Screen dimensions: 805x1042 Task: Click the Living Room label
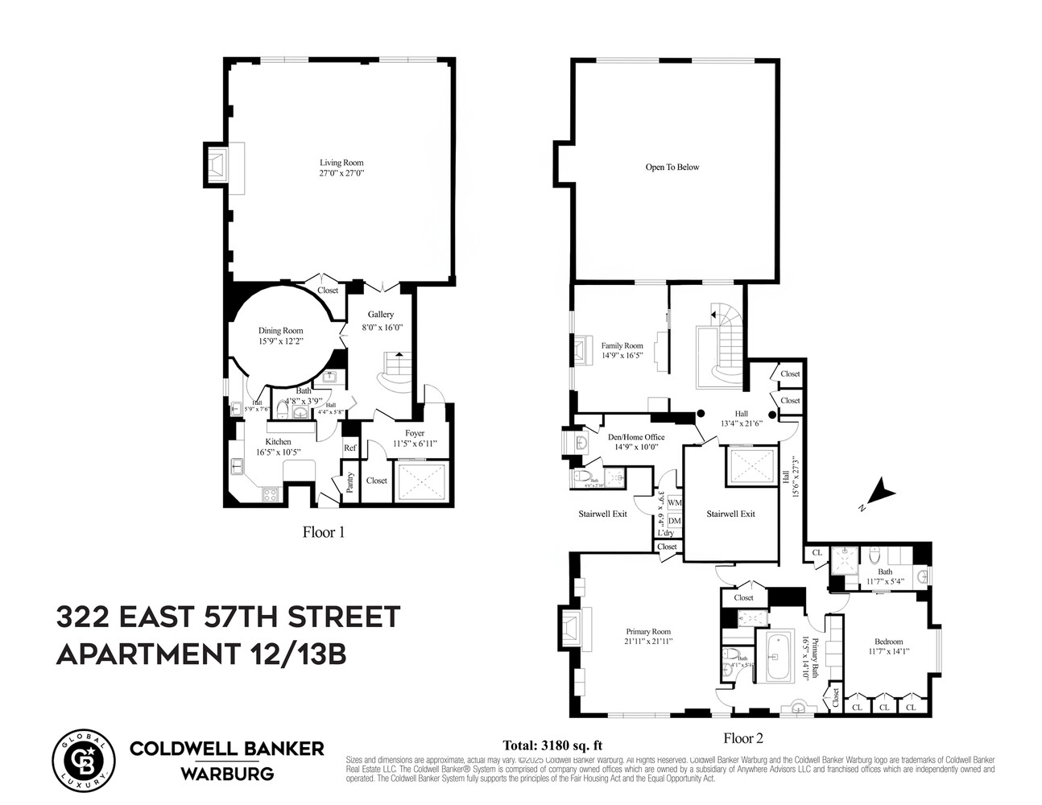pos(341,163)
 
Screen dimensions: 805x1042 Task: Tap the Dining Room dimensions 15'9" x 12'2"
pos(280,341)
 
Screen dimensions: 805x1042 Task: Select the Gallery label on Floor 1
pos(381,314)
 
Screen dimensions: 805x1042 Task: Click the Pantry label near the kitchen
pos(350,481)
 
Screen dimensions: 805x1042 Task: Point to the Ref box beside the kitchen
pos(350,448)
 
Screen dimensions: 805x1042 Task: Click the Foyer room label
pos(415,433)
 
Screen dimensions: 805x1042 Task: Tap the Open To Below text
pos(672,167)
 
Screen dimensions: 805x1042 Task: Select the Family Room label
pos(622,345)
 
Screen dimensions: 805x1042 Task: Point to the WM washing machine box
pos(674,503)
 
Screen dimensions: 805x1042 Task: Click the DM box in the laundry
pos(674,521)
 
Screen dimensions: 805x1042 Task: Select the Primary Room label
pos(648,632)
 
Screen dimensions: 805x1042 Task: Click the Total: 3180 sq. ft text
pos(552,745)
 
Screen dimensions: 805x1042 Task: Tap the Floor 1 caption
pos(323,531)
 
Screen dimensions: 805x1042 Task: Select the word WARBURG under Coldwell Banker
pos(226,774)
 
